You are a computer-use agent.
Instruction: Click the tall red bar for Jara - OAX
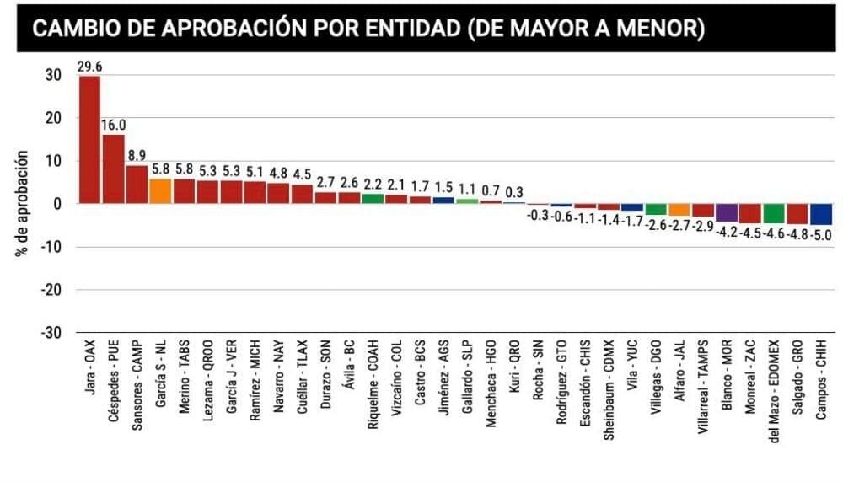click(x=89, y=140)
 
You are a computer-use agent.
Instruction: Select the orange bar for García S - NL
click(x=160, y=191)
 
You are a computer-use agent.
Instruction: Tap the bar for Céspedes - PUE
click(x=113, y=169)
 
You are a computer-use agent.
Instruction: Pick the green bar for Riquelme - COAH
click(x=373, y=199)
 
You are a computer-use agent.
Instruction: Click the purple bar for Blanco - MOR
click(x=727, y=212)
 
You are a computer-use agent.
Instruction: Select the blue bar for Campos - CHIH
click(x=821, y=214)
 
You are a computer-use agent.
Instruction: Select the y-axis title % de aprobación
click(x=24, y=204)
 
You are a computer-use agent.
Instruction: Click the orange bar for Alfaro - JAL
click(x=679, y=209)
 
